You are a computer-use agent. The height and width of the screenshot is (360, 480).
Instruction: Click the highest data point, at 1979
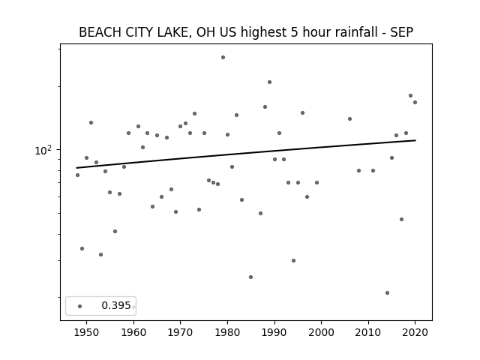click(x=223, y=58)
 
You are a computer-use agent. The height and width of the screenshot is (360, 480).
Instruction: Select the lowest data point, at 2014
click(x=387, y=293)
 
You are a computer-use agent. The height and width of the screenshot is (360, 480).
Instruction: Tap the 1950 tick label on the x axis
click(x=87, y=332)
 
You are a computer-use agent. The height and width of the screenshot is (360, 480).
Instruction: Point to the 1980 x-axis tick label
click(x=227, y=332)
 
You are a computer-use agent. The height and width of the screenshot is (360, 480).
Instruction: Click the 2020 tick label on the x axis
click(x=415, y=332)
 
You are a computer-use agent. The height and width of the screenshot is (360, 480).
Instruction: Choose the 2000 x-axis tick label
click(x=322, y=332)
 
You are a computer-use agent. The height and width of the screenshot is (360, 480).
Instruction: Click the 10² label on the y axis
click(x=43, y=150)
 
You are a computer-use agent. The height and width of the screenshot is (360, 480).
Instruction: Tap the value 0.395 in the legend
click(x=116, y=305)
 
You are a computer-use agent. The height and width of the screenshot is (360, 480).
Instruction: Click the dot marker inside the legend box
click(x=80, y=307)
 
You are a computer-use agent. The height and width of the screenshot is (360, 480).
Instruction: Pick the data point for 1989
click(x=270, y=82)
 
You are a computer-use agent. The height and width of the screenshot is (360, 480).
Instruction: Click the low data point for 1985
click(x=251, y=277)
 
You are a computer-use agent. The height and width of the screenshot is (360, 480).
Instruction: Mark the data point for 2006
click(x=350, y=118)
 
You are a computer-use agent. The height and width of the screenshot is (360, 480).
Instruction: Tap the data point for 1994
click(x=293, y=260)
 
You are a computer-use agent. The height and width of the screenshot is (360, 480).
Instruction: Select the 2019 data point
click(x=411, y=95)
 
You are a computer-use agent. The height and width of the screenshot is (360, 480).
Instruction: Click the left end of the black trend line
click(x=76, y=168)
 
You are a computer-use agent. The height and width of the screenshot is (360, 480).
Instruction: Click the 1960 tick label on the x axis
click(x=133, y=332)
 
